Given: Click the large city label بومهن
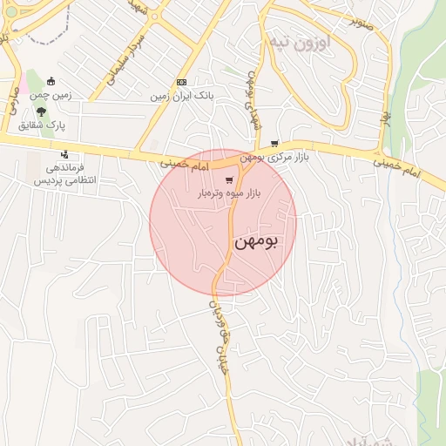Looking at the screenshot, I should [256, 243].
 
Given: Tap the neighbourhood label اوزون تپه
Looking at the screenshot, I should [297, 43].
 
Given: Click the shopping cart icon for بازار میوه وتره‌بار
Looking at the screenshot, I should [228, 181].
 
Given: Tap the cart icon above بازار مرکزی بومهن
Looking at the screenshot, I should [275, 144].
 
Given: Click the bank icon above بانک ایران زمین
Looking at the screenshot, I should [181, 82].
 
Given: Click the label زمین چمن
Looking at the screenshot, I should [51, 94].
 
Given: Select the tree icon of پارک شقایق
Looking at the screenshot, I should [41, 111].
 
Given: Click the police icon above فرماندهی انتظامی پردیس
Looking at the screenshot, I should [64, 155].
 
